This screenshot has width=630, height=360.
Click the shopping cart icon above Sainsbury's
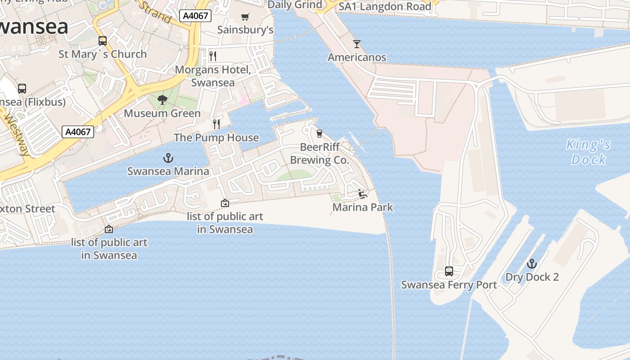click(x=245, y=17)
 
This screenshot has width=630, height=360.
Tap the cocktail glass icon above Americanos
click(x=357, y=44)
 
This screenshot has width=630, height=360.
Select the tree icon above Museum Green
click(x=162, y=100)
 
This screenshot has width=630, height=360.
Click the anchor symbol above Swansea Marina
click(x=168, y=158)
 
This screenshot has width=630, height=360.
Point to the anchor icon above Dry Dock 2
click(x=532, y=264)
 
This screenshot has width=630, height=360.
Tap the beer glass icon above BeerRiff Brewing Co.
click(x=319, y=134)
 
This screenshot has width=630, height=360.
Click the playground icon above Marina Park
click(x=363, y=194)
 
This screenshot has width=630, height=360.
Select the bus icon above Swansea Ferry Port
click(x=449, y=271)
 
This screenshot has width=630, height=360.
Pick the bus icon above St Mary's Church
click(x=103, y=41)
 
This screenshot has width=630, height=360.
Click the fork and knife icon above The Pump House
click(x=216, y=124)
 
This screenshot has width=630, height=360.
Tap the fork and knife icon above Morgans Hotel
click(x=213, y=56)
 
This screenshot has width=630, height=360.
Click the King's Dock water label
click(x=589, y=152)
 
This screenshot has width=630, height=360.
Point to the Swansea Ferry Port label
click(x=449, y=285)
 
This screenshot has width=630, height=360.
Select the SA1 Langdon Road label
click(x=385, y=6)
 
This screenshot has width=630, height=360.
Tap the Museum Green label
click(x=162, y=113)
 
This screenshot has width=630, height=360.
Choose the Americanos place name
click(x=357, y=58)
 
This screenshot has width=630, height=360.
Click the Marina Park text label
click(x=363, y=207)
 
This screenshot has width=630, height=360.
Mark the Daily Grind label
click(x=295, y=5)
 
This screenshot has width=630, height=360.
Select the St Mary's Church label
click(x=103, y=54)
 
